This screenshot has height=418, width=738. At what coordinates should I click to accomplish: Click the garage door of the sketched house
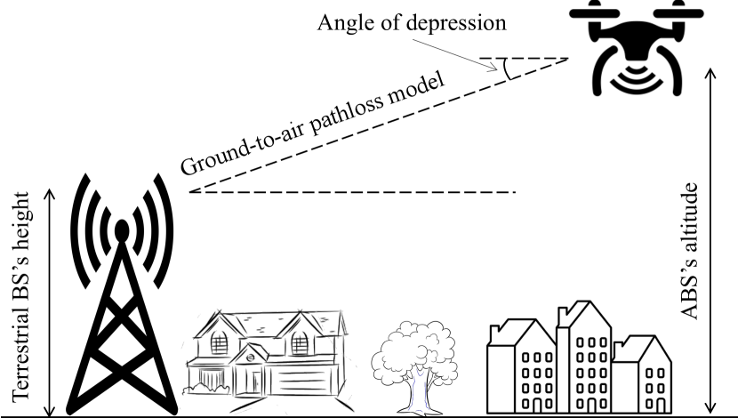(x=307, y=382)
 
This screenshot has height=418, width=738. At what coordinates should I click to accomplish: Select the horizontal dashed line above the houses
(x=356, y=192)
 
